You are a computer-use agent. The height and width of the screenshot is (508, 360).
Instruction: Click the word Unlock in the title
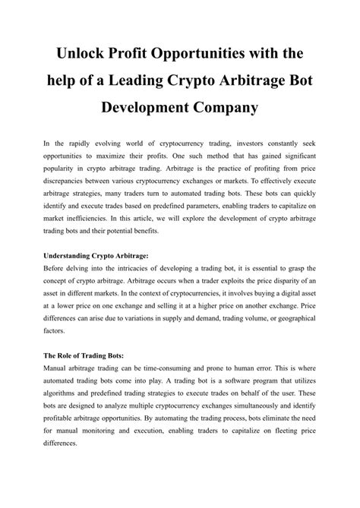[x=81, y=55]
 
